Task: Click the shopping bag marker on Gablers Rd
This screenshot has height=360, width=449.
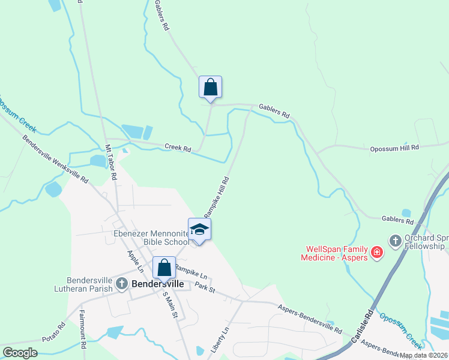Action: [x=210, y=87]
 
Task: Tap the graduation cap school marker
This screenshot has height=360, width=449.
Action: [x=199, y=230]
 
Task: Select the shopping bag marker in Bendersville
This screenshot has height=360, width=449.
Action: [x=164, y=268]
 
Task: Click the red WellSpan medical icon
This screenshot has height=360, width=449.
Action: [x=377, y=252]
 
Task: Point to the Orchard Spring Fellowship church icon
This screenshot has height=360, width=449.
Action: [x=395, y=241]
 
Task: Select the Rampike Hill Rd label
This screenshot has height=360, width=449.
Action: [x=217, y=197]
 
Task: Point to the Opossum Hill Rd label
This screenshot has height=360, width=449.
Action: [x=394, y=148]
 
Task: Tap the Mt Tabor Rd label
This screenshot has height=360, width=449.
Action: [x=111, y=163]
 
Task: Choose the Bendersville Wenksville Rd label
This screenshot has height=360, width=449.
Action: [x=55, y=158]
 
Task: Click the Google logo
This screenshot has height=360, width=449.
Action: [x=20, y=353]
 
